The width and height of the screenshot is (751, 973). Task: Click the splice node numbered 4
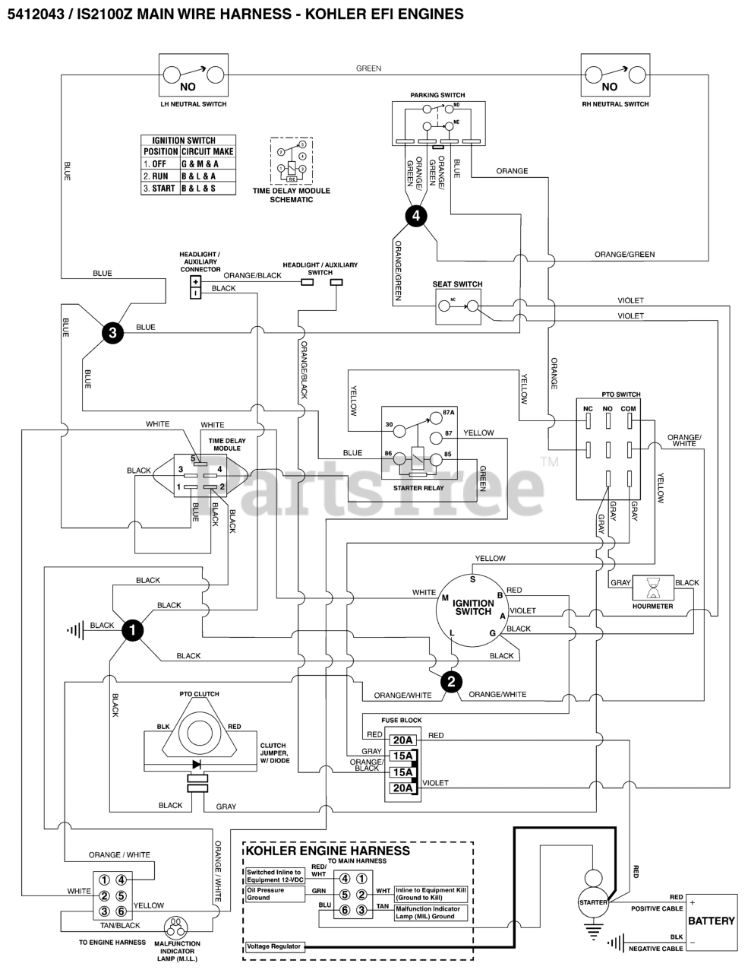click(415, 216)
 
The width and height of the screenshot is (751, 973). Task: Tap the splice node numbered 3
click(112, 332)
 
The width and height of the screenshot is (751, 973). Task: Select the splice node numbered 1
click(133, 630)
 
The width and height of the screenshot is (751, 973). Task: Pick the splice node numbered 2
click(451, 682)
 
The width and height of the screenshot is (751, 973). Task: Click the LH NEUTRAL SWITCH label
click(194, 104)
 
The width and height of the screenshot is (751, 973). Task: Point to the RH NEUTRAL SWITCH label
click(615, 104)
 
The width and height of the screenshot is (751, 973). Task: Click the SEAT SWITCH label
click(457, 284)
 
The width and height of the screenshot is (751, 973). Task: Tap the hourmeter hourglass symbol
click(652, 588)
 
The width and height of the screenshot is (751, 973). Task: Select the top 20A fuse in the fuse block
click(402, 740)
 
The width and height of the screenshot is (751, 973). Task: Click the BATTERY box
click(711, 921)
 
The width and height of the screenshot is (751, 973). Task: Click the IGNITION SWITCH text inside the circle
click(473, 607)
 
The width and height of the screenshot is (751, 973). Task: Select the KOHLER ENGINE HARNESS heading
click(328, 851)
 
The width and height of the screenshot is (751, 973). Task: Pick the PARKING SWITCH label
click(437, 95)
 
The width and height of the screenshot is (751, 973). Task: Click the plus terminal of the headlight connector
click(195, 280)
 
